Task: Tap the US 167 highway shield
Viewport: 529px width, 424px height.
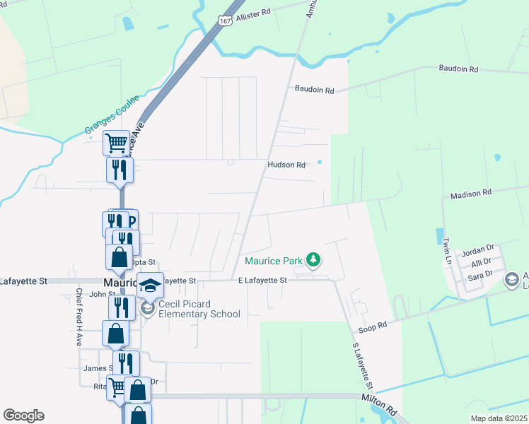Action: point(225,22)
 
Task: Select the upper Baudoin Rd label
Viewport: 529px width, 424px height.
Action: point(458,69)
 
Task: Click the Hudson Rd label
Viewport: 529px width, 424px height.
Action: point(286,165)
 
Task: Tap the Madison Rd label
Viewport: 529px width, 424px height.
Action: point(471,193)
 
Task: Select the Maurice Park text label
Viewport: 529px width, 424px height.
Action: point(274,261)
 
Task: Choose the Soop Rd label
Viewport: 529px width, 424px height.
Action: point(373,325)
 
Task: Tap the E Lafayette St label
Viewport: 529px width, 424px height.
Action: point(262,281)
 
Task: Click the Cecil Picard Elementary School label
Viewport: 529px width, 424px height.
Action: point(199,310)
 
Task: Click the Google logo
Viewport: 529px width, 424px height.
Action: point(23,416)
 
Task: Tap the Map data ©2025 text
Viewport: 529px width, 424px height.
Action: point(498,418)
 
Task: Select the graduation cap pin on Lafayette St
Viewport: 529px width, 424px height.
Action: point(150,285)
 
